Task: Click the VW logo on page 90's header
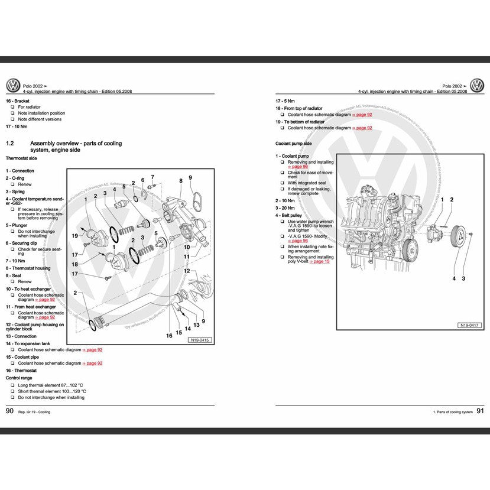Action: (13, 86)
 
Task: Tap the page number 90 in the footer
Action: (9, 411)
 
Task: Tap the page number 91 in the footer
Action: (480, 411)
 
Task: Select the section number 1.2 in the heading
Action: (9, 144)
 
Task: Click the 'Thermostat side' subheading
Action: (21, 158)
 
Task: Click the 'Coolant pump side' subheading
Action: (293, 144)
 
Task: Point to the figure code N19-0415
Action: (200, 340)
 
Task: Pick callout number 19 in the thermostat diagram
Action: (75, 236)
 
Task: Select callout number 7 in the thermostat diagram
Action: (152, 177)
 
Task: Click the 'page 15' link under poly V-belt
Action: (322, 261)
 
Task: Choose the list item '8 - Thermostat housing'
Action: (28, 268)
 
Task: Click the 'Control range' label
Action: (20, 377)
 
